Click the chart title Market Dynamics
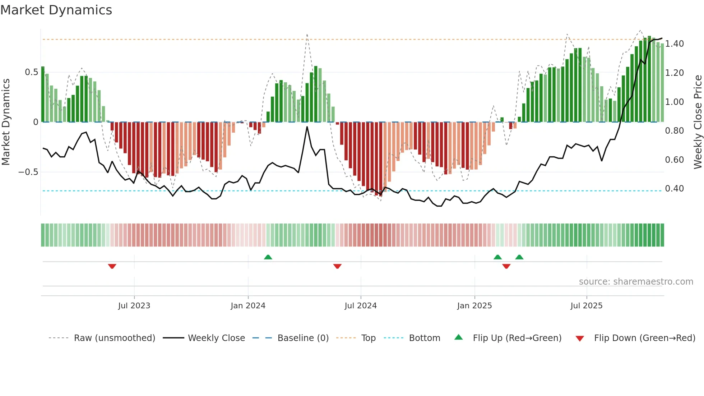pos(56,10)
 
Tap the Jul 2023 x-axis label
pos(134,306)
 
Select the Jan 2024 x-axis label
pos(248,306)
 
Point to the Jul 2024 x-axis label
pos(361,306)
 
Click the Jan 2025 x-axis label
pos(474,306)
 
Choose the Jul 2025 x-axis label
pos(587,306)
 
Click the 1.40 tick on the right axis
pos(674,44)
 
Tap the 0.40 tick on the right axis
pos(674,189)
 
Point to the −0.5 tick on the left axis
pos(28,172)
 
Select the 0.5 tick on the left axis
pos(31,72)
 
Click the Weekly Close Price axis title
pos(698,122)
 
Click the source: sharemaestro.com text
pos(636,282)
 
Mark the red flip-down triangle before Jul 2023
pos(112,266)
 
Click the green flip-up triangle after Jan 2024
pos(268,257)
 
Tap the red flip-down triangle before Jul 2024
pos(337,266)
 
